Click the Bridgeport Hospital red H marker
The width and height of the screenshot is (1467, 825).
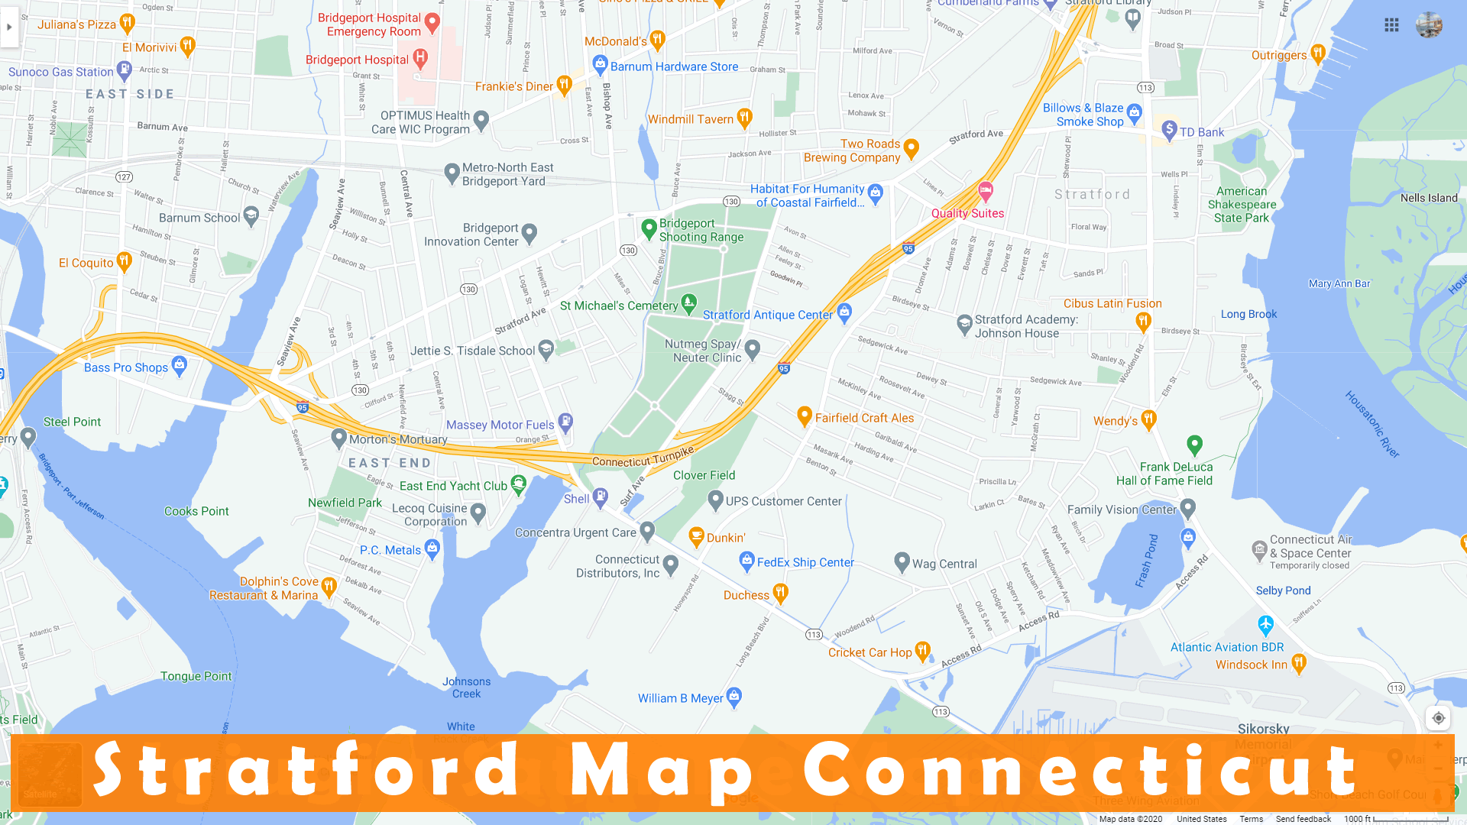(419, 57)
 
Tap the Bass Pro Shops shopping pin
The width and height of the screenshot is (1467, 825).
(180, 365)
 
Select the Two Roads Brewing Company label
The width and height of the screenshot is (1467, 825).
(852, 150)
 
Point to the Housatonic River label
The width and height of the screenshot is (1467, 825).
(1371, 424)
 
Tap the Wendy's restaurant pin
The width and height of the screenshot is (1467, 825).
(1148, 419)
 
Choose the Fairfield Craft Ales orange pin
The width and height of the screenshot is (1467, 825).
(804, 416)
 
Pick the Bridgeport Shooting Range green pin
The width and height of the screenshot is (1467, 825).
(649, 228)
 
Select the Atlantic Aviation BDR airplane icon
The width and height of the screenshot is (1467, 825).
(1265, 624)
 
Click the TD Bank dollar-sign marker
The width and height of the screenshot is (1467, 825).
(1169, 129)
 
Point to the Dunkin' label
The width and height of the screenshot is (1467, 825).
(726, 538)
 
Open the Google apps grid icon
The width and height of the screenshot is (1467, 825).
(1391, 25)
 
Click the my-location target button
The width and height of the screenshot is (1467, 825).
(1438, 718)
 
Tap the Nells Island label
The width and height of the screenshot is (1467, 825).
(1429, 198)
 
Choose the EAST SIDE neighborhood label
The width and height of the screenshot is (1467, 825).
(130, 94)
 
